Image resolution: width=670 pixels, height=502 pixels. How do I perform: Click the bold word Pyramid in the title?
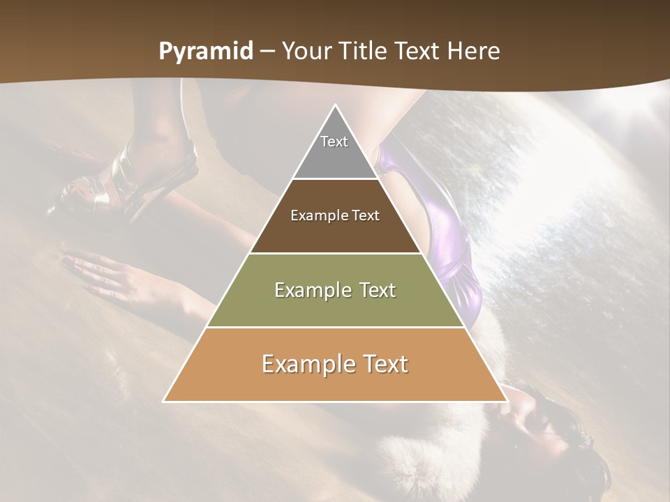pos(206,52)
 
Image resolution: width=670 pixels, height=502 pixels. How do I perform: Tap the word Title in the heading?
pos(366,52)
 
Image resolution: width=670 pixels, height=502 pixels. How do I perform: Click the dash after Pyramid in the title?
pos(267,52)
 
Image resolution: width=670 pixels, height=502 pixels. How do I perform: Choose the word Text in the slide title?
pos(419,52)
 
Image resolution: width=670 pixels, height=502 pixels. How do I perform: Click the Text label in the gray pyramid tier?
pos(334,142)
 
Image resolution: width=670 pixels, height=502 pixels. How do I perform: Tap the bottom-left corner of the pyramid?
pos(165,400)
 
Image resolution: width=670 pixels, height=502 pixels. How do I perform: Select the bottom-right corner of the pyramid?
pos(505,400)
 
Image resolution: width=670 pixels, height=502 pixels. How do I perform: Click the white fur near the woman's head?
pos(419,460)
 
